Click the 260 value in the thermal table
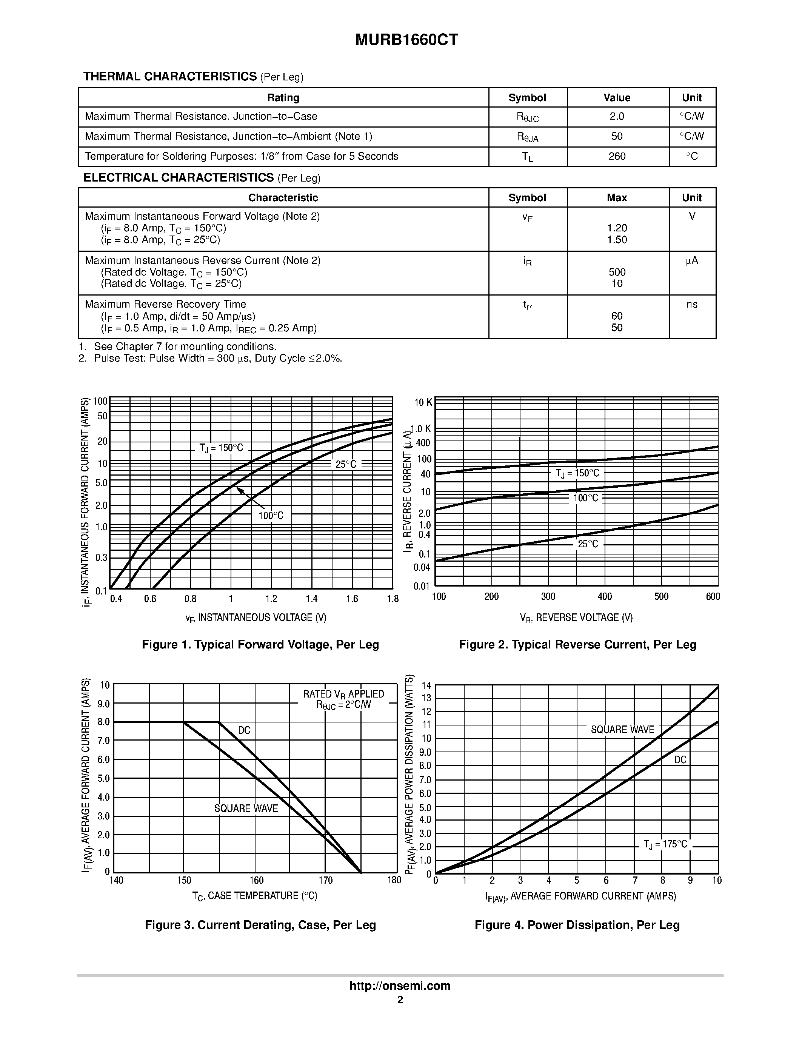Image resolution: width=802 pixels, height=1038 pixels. (617, 156)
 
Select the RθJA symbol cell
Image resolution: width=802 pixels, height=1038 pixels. (527, 137)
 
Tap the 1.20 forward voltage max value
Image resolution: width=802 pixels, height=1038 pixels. (617, 228)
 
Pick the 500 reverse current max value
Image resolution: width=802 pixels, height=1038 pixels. (617, 272)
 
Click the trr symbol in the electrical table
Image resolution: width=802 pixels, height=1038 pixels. (527, 305)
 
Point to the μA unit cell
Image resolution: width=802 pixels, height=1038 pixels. (692, 260)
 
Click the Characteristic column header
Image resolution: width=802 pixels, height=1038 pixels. (283, 198)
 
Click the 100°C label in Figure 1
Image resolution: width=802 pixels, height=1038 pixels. (271, 516)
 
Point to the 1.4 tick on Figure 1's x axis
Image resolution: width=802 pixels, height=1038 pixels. (311, 599)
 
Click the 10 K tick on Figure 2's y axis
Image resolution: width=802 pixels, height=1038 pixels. (423, 403)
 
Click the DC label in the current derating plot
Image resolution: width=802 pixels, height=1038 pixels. (244, 730)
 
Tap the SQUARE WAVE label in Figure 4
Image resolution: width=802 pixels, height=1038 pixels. (622, 730)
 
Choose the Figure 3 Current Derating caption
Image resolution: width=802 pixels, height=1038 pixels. (260, 925)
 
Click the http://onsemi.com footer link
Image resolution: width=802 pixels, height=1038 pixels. (400, 986)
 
